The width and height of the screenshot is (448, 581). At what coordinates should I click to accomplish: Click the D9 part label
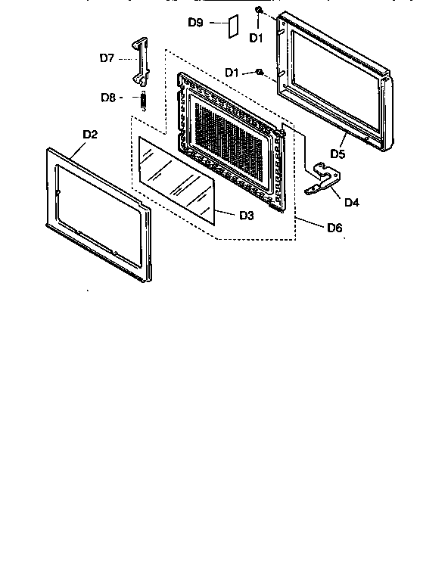tap(194, 23)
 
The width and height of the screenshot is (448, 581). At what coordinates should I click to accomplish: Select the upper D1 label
tap(256, 37)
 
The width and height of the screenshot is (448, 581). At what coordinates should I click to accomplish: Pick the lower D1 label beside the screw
tap(232, 73)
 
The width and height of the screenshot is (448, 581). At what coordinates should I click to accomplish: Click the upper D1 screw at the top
tap(259, 10)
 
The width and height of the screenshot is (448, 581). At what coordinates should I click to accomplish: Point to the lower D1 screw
tap(259, 73)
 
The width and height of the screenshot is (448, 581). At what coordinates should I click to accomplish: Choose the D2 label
tap(90, 135)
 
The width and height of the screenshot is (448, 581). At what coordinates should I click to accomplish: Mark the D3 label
tap(246, 216)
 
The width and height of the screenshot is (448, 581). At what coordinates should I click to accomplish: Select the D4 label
tap(351, 202)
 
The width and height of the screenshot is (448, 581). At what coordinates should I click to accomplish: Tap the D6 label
tap(333, 227)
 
